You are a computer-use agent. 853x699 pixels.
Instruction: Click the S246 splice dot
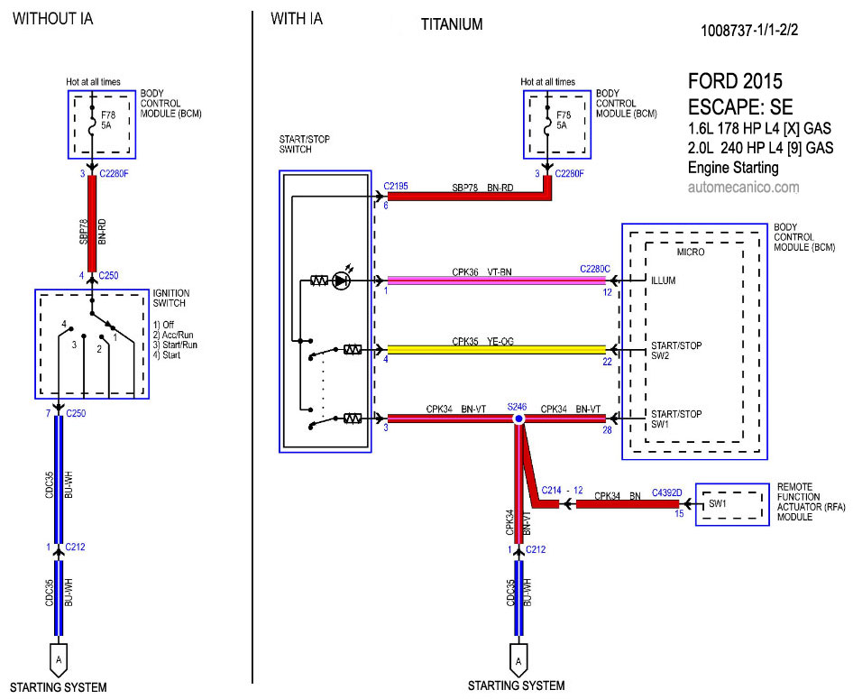point(518,419)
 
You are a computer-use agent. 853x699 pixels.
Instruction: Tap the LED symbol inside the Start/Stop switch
point(341,281)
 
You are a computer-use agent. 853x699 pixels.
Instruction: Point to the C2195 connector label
point(396,187)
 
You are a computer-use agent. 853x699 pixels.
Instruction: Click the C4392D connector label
point(667,492)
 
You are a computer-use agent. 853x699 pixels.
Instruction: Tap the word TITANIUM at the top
point(452,24)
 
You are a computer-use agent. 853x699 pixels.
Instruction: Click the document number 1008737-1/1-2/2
point(749,30)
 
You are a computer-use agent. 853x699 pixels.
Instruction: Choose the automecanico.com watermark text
point(743,188)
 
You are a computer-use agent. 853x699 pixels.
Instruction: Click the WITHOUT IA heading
point(52,18)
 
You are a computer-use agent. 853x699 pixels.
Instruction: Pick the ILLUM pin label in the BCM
point(664,281)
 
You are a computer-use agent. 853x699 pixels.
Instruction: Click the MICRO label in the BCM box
point(692,252)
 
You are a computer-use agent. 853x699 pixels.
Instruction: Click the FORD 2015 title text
point(735,81)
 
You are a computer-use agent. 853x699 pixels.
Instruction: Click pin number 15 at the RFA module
point(680,514)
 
